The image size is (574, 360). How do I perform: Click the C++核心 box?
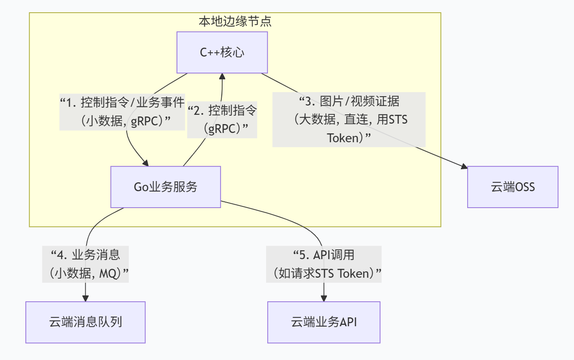pos(222,52)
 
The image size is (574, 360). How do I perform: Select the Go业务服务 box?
pos(166,187)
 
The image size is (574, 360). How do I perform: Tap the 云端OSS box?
pos(513,187)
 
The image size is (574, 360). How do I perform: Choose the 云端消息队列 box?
pos(85,322)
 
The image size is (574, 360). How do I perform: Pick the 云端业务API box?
pos(324,322)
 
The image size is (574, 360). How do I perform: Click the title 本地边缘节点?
pos(235,22)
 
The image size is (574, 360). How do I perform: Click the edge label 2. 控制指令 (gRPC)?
pos(222,119)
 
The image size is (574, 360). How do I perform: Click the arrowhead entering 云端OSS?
pos(464,168)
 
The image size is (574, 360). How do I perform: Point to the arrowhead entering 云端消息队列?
pos(86,298)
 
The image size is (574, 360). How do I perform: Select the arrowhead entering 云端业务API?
pos(324,298)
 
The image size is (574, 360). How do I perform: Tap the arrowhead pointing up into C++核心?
pos(222,77)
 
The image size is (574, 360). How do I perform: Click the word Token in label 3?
pos(343,138)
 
